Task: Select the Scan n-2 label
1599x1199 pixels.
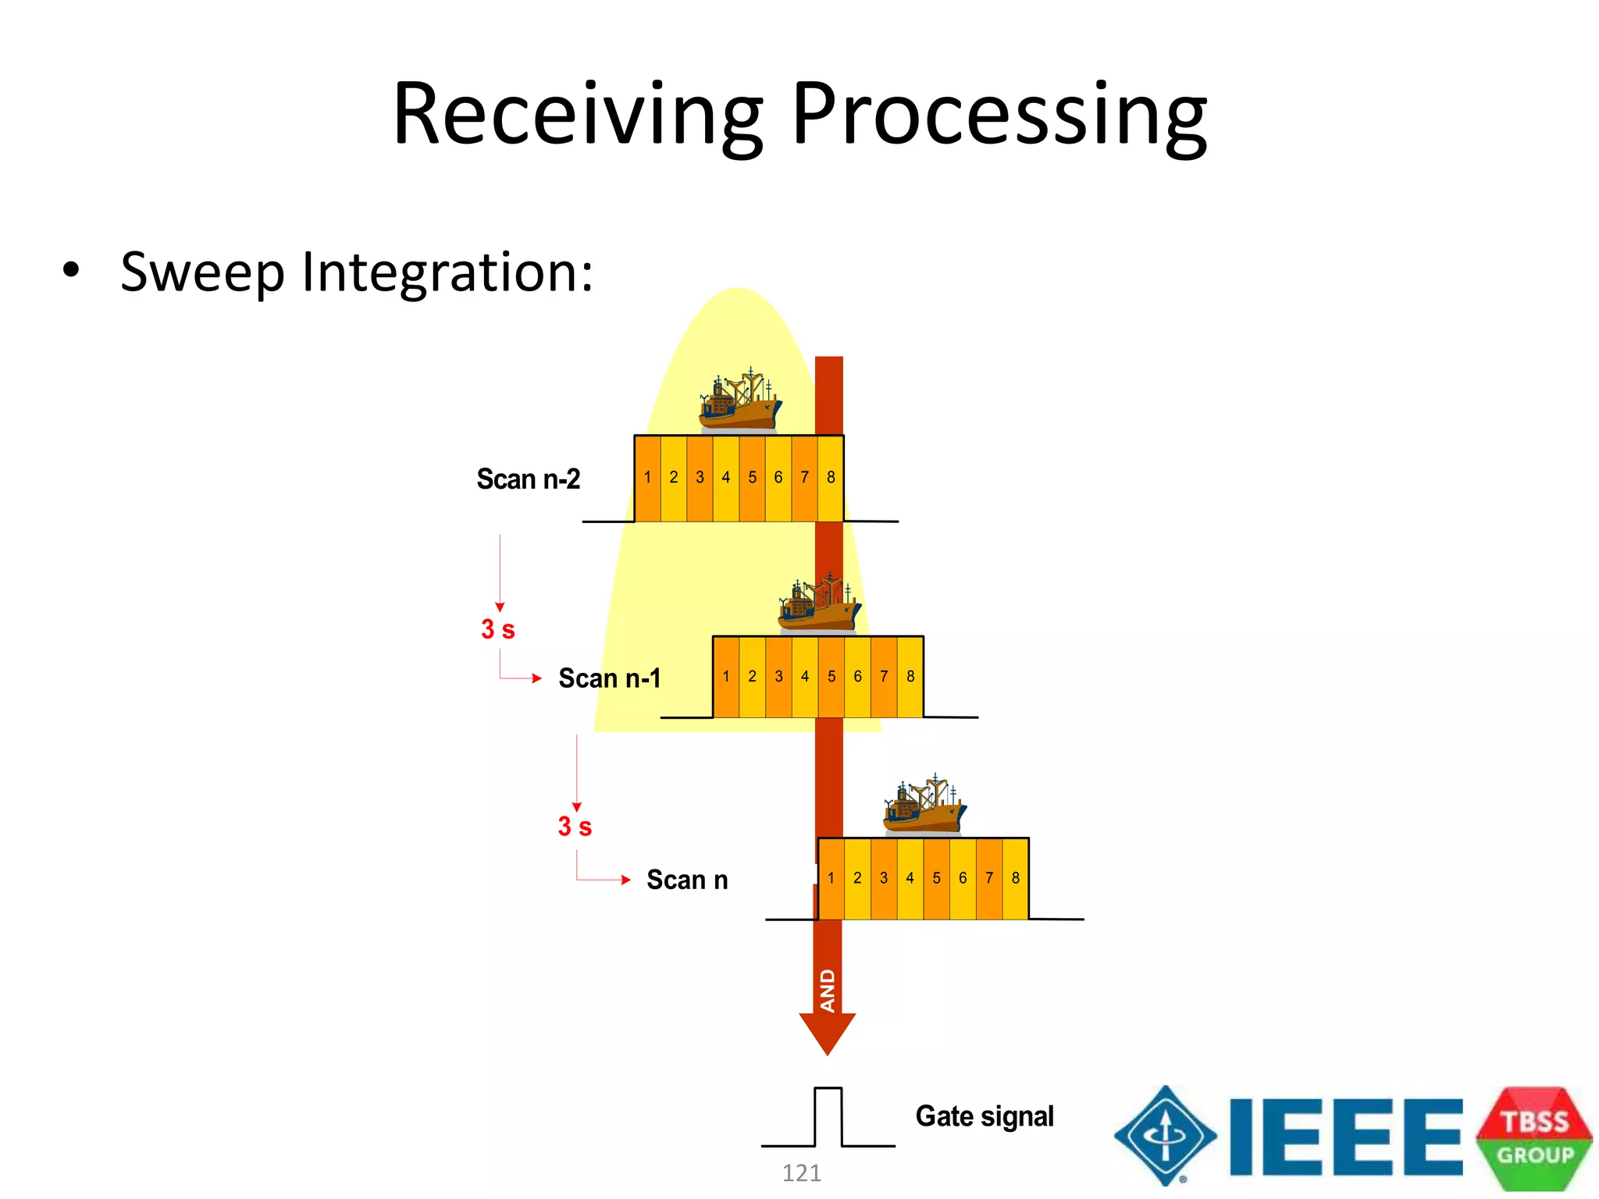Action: [529, 479]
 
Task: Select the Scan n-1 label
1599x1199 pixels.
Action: [609, 678]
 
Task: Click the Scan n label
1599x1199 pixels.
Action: [687, 880]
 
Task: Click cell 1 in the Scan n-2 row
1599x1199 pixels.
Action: [647, 478]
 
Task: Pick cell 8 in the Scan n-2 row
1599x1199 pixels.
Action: [831, 478]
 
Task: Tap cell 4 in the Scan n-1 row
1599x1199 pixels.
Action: [805, 677]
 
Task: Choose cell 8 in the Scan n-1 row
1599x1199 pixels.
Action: [910, 677]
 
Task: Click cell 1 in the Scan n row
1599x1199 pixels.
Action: [831, 878]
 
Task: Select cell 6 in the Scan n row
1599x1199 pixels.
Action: [963, 878]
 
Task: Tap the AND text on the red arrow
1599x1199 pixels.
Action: [828, 991]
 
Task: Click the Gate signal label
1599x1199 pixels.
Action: [985, 1116]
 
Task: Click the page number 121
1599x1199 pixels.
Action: [802, 1172]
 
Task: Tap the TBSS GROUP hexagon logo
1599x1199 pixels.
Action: [1534, 1138]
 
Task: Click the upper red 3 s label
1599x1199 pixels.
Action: [498, 629]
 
